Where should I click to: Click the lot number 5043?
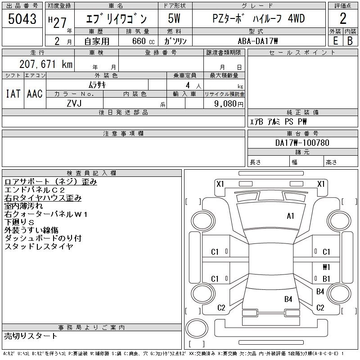click(x=22, y=19)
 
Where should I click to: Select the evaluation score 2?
click(x=342, y=18)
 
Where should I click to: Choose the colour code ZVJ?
click(x=75, y=103)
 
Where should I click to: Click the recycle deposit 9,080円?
click(x=229, y=103)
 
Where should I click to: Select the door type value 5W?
click(x=175, y=19)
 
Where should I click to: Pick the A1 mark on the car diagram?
click(x=290, y=216)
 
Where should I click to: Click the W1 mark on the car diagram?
click(x=326, y=267)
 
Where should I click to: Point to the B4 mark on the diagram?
click(x=288, y=299)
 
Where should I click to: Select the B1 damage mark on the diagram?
click(x=326, y=279)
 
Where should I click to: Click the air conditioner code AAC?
click(x=35, y=94)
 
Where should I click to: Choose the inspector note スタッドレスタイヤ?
click(x=39, y=247)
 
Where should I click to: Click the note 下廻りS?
click(x=19, y=222)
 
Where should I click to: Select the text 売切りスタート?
click(x=31, y=336)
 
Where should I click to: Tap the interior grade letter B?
click(x=350, y=41)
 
